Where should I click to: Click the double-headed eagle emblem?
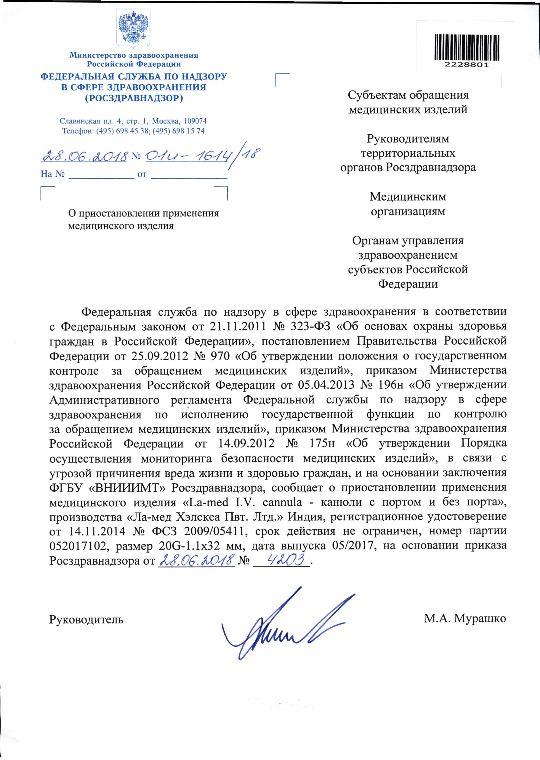tap(133, 28)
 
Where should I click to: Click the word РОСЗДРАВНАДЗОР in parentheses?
tap(134, 98)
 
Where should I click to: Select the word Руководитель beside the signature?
tap(86, 620)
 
